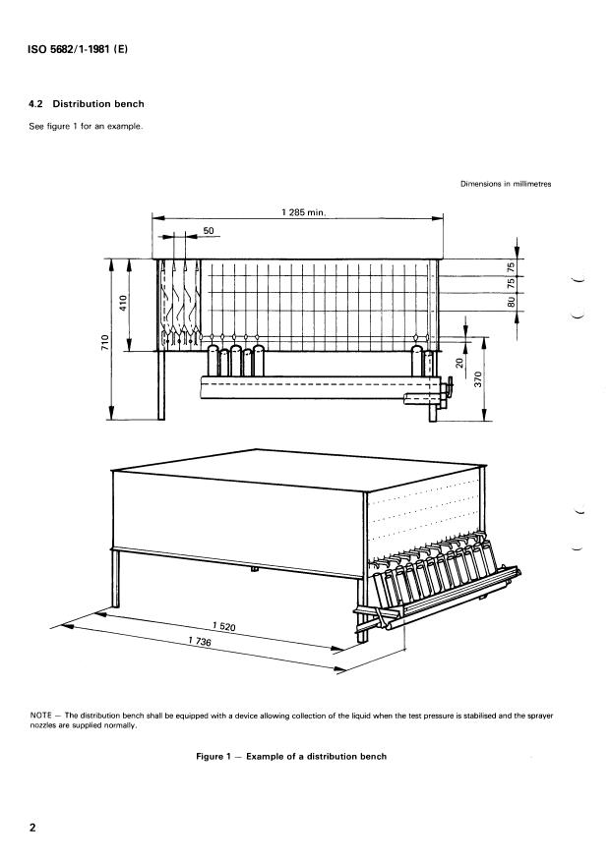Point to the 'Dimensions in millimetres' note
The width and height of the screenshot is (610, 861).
(x=504, y=184)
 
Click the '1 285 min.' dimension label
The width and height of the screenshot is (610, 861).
(x=302, y=212)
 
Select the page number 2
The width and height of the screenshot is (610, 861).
(x=33, y=828)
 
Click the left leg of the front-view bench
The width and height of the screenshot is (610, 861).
(x=160, y=384)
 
